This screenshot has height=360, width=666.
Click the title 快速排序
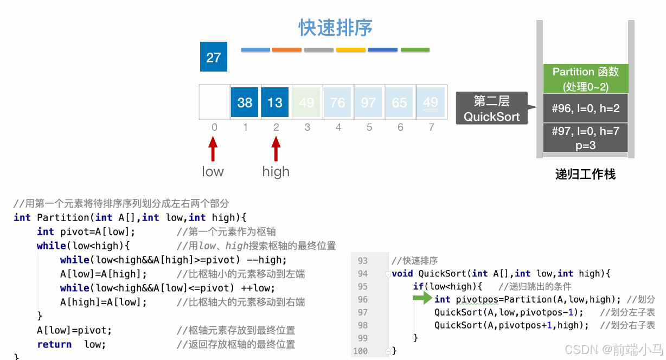point(335,28)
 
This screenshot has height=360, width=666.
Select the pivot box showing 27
point(214,57)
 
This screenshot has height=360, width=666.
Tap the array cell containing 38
point(245,102)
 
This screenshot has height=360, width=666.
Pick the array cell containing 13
point(275,102)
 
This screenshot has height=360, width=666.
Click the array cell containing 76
point(337,102)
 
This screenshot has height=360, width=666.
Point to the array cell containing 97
point(368,102)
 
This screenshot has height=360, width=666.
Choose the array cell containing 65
point(399,102)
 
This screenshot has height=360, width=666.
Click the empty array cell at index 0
point(214,102)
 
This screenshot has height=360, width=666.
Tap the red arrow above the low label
point(213,149)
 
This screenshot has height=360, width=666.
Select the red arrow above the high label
point(276,149)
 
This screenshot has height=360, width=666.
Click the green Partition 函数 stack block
point(586,79)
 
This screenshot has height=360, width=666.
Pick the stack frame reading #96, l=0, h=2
point(586,108)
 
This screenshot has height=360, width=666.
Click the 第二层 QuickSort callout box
point(491,108)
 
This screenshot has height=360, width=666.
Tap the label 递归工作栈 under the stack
point(586,175)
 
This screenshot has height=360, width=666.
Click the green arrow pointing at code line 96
point(422,299)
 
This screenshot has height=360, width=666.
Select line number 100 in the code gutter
point(361,351)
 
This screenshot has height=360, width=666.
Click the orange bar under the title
point(287,50)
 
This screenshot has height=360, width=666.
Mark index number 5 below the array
point(369,127)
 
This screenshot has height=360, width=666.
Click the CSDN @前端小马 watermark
point(613,349)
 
